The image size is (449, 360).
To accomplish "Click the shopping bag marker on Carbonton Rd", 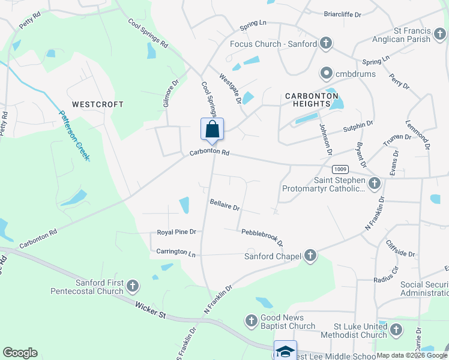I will [x=212, y=129].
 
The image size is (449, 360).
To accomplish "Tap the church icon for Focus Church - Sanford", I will [x=325, y=44].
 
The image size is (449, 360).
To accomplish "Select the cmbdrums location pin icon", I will [x=327, y=74].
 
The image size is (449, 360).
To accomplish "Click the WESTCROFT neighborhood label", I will [x=98, y=104].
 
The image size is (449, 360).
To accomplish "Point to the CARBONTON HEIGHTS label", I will [x=312, y=100].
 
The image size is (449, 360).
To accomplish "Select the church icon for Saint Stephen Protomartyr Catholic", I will [x=375, y=183].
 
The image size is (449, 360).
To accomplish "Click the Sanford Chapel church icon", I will [x=310, y=256].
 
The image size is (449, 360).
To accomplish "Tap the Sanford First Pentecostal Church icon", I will [x=133, y=286].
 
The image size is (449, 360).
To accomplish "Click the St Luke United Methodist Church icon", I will [x=396, y=329].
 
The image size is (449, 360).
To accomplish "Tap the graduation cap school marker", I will [x=285, y=350].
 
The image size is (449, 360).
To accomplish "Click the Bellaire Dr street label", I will [x=225, y=205].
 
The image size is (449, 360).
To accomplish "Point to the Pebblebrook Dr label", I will [x=262, y=236].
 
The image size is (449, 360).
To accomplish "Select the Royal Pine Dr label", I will [x=176, y=232].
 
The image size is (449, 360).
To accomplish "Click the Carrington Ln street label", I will [x=176, y=252].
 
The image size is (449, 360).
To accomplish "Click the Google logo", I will [x=20, y=352].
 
